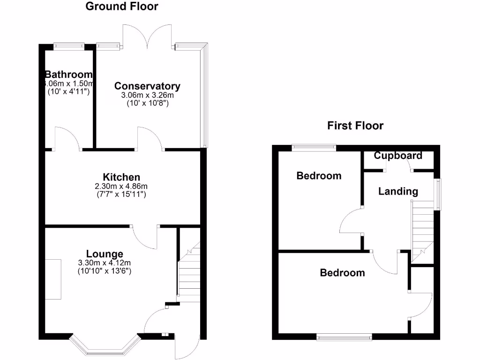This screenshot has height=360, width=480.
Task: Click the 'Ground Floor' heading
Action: click(x=122, y=7)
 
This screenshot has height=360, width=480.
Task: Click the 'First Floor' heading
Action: click(x=355, y=126)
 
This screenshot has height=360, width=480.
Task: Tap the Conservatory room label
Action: click(x=147, y=86)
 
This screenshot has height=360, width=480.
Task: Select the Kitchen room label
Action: click(x=121, y=177)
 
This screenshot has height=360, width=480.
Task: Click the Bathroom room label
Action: click(x=68, y=75)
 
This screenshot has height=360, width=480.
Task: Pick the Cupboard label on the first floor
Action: click(x=398, y=156)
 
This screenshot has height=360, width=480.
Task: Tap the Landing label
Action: click(x=398, y=191)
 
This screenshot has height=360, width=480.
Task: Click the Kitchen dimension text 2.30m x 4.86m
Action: click(x=121, y=186)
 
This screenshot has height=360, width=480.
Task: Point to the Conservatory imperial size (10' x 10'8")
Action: click(x=147, y=103)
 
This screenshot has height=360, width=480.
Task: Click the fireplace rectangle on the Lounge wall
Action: click(x=53, y=279)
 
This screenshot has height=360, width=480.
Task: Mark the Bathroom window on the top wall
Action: click(x=68, y=46)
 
